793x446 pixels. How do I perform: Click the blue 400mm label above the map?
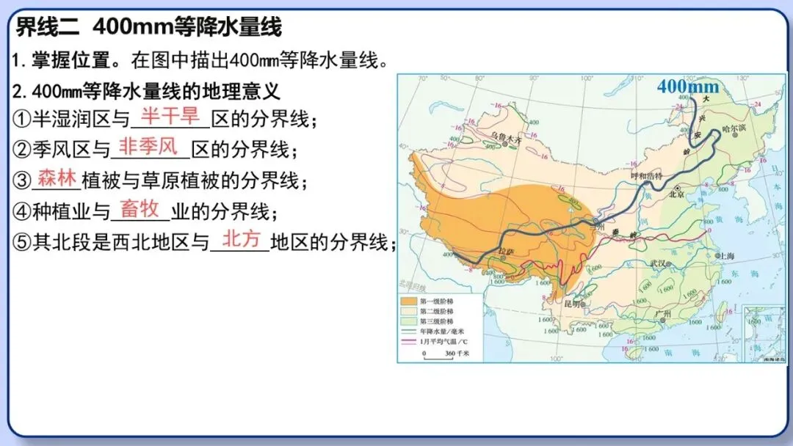(682, 87)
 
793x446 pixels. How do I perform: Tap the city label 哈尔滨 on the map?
(734, 127)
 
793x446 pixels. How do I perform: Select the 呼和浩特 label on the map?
(647, 176)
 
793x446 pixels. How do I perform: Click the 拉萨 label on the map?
(504, 252)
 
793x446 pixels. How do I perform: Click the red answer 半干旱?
(170, 115)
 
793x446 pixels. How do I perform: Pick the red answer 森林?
(57, 178)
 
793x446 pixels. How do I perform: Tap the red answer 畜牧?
(140, 209)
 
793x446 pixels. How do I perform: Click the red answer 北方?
(241, 239)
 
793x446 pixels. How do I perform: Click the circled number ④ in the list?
(22, 212)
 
